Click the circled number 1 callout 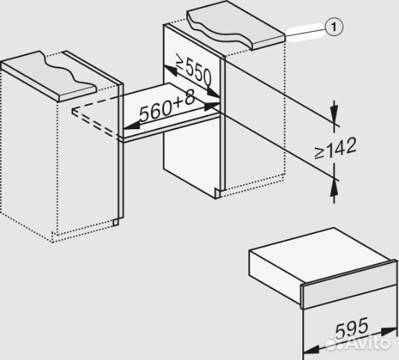(x=334, y=26)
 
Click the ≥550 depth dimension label (x=194, y=71)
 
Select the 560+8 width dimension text (x=168, y=106)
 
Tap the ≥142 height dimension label (x=335, y=148)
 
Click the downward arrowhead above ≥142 (x=334, y=113)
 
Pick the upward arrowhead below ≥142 (x=334, y=188)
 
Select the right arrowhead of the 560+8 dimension (x=212, y=106)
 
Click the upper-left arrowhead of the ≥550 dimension (x=170, y=70)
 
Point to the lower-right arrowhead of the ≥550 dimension (x=213, y=92)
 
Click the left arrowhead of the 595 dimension (x=311, y=349)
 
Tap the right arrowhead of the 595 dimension (x=389, y=332)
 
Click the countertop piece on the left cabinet (x=49, y=76)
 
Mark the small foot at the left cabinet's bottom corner (x=115, y=222)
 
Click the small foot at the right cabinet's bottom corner (x=218, y=194)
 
